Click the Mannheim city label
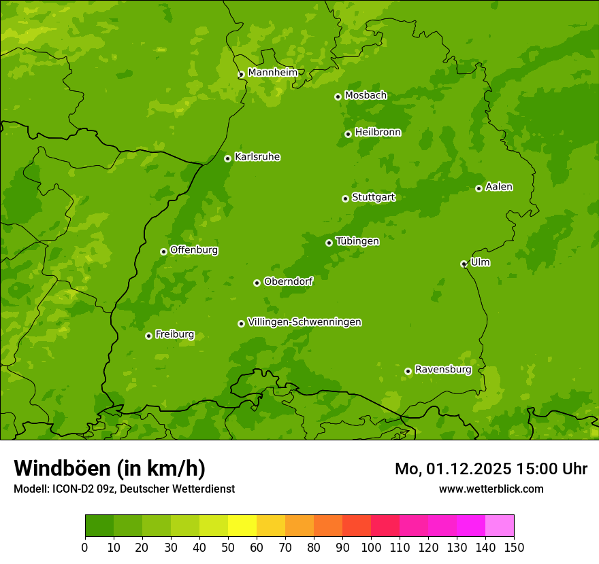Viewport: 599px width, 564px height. click(x=272, y=72)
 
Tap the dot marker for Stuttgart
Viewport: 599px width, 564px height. click(x=345, y=198)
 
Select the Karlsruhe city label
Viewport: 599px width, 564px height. click(x=257, y=157)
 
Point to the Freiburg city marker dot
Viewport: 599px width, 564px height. click(x=148, y=336)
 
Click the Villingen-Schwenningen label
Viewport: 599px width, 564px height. click(x=304, y=322)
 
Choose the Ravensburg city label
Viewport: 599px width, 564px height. click(x=442, y=370)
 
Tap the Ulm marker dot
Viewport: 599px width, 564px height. click(x=464, y=264)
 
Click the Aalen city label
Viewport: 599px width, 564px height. click(x=499, y=187)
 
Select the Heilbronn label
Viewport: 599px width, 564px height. click(x=378, y=133)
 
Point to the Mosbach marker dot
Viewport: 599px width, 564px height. click(x=338, y=96)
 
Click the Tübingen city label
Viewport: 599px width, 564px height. click(x=357, y=241)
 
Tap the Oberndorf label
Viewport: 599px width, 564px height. click(x=288, y=281)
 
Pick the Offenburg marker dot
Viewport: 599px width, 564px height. click(x=163, y=251)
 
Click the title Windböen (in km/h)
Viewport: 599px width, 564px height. click(x=109, y=468)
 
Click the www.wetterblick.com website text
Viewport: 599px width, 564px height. click(x=491, y=489)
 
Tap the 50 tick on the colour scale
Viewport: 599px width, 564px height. click(x=228, y=548)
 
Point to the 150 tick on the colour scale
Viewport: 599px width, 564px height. click(x=514, y=548)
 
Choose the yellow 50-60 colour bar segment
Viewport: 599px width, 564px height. click(x=242, y=526)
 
